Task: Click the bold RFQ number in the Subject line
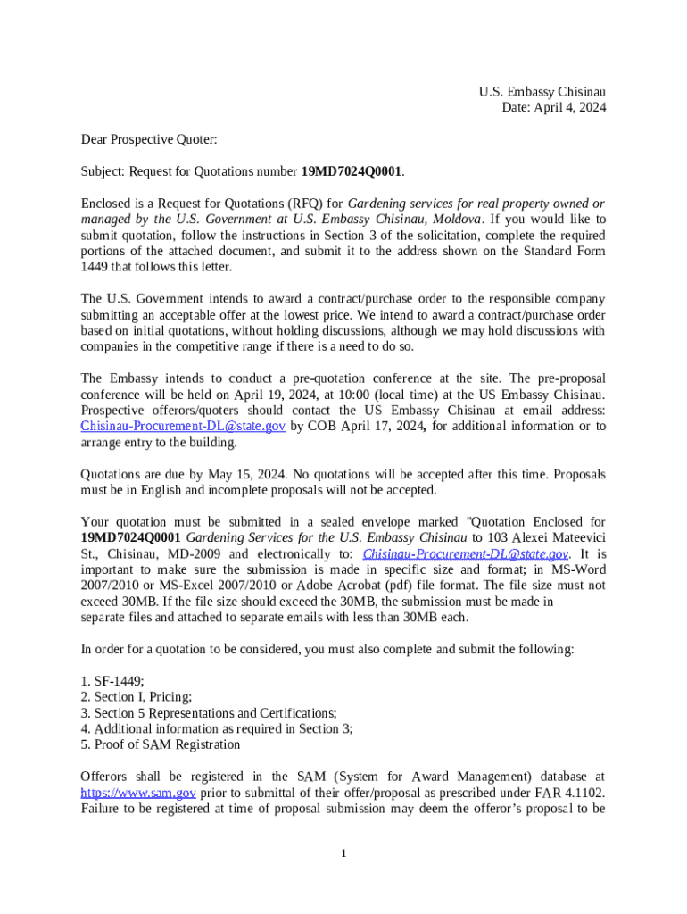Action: coord(352,170)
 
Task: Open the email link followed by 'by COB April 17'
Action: coord(183,427)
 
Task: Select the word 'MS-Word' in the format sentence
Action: coord(580,569)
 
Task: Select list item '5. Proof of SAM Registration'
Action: coord(160,744)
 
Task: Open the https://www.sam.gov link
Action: coord(138,793)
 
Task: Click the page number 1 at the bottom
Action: coord(343,854)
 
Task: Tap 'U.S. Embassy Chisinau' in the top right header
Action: coord(542,92)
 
